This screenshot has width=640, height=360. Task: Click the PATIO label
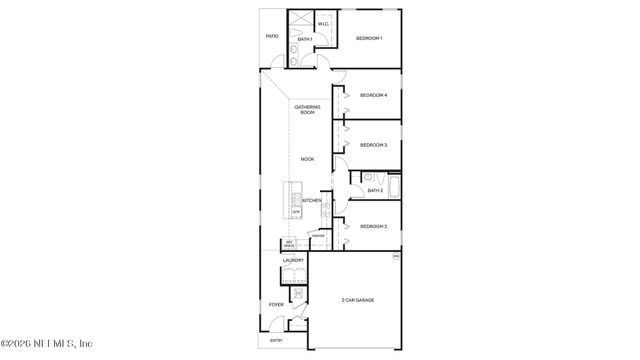click(x=272, y=36)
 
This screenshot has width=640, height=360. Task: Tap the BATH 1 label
click(x=305, y=39)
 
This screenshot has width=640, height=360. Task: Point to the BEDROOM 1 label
click(x=370, y=38)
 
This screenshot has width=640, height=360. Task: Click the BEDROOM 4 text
click(x=373, y=95)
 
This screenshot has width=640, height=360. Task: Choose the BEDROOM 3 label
click(x=373, y=145)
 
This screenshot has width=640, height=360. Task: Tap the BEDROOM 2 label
click(x=373, y=227)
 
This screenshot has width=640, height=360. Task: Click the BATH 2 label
click(x=375, y=190)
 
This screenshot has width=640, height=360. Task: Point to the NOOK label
click(x=307, y=159)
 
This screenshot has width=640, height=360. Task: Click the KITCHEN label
click(x=312, y=201)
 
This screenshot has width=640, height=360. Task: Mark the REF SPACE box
click(x=289, y=243)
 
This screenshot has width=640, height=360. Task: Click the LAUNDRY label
click(x=293, y=261)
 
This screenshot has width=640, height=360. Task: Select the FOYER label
click(x=277, y=304)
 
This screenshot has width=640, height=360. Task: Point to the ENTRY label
click(x=277, y=341)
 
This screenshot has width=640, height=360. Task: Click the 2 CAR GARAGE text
click(x=358, y=300)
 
